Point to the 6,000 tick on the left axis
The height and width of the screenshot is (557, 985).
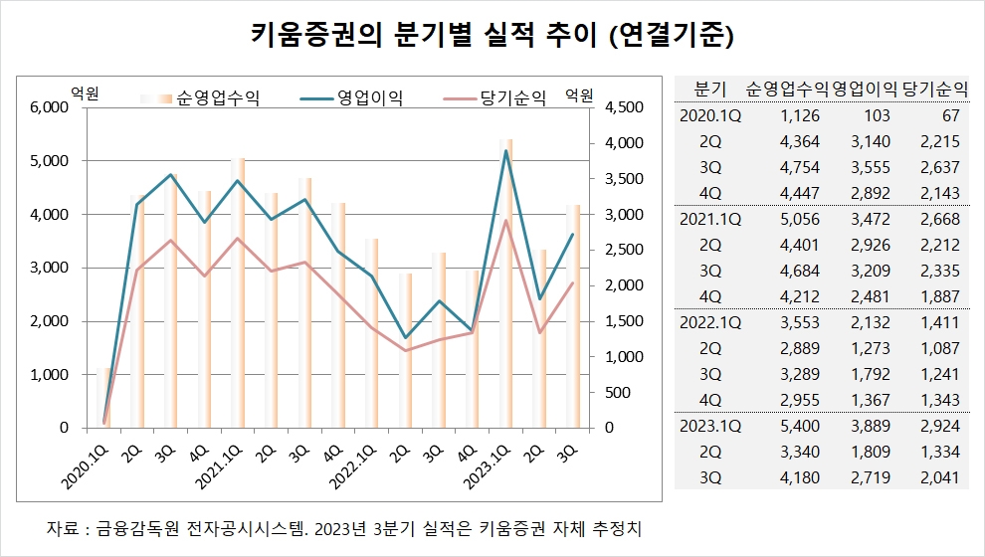pos(51,107)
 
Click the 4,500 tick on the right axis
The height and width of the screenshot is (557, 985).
pos(620,107)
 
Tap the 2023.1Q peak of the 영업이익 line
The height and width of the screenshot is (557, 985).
pos(506,151)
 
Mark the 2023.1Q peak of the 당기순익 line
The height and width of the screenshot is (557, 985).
pos(506,221)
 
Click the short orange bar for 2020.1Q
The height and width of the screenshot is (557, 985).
pos(107,398)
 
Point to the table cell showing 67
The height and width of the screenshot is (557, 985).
pos(946,115)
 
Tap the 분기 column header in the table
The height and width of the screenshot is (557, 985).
pos(710,87)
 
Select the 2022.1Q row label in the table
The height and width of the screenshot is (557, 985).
pos(710,323)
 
